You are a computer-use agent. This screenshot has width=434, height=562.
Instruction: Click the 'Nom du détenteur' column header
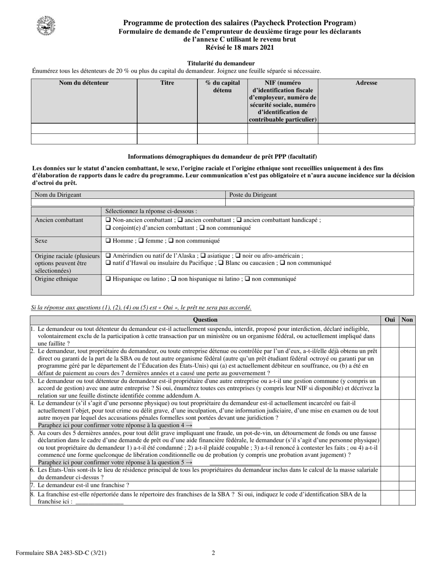[84, 83]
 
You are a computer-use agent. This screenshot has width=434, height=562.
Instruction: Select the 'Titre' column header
[167, 83]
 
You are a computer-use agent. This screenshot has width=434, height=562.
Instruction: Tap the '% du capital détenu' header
[222, 87]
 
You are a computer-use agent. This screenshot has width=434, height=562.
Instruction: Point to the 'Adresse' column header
[366, 83]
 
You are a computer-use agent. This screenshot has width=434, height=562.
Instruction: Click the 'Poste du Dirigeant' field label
[253, 195]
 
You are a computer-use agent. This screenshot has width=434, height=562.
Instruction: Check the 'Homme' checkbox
[108, 241]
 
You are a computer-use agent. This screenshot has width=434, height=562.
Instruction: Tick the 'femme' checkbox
[141, 241]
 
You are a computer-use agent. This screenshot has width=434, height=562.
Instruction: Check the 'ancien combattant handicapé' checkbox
[239, 220]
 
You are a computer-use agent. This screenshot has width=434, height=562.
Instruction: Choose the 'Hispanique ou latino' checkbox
[108, 279]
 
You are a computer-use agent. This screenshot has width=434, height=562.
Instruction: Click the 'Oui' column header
[390, 320]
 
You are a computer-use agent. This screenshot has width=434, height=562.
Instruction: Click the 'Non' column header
[407, 320]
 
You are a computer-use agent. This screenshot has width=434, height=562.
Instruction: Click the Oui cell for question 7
[390, 486]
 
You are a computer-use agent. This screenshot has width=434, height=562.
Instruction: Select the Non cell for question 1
[407, 336]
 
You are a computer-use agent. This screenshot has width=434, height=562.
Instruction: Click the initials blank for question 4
[235, 425]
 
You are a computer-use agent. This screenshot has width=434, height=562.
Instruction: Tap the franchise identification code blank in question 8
[99, 502]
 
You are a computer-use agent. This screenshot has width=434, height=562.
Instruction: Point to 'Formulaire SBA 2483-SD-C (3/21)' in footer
[61, 553]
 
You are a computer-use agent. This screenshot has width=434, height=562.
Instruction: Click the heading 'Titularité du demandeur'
[221, 63]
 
